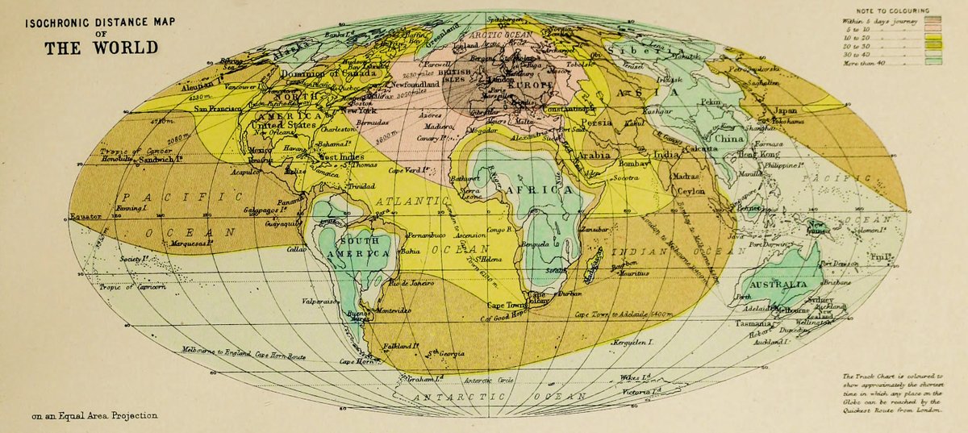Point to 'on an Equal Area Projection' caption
tap(95, 416)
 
